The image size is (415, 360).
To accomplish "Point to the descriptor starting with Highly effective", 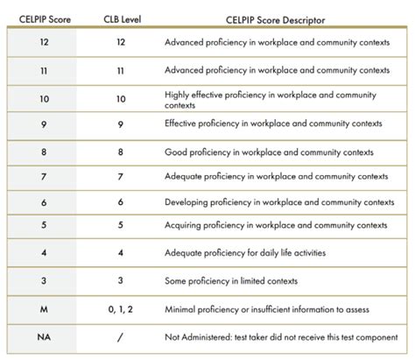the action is pos(277,98).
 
